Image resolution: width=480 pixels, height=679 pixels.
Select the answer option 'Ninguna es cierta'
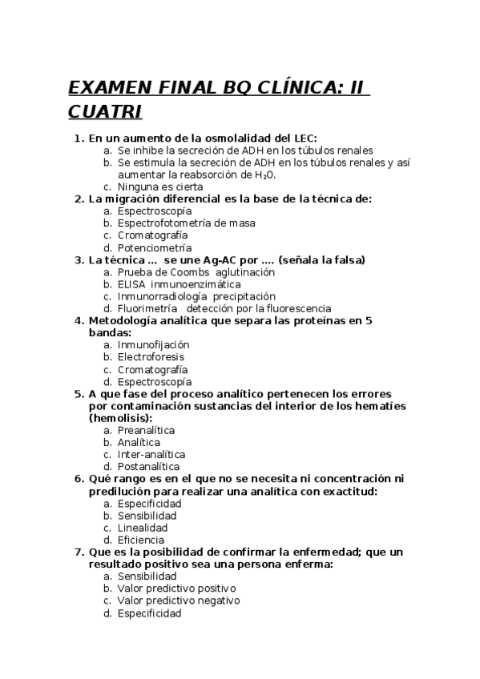tap(157, 187)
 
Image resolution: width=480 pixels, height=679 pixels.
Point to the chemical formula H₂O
tap(265, 175)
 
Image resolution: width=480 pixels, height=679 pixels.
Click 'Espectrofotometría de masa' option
tap(186, 223)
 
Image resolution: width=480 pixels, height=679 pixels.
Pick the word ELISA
tap(131, 284)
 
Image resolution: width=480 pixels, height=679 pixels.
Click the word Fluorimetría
tap(148, 308)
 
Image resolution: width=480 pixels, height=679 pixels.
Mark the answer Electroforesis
tap(151, 356)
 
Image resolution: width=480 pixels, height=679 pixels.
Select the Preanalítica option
tap(146, 430)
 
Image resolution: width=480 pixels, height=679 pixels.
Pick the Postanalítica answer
tap(148, 466)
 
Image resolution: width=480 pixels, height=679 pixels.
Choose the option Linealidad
tap(143, 528)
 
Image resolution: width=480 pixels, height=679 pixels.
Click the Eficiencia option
tap(143, 540)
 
